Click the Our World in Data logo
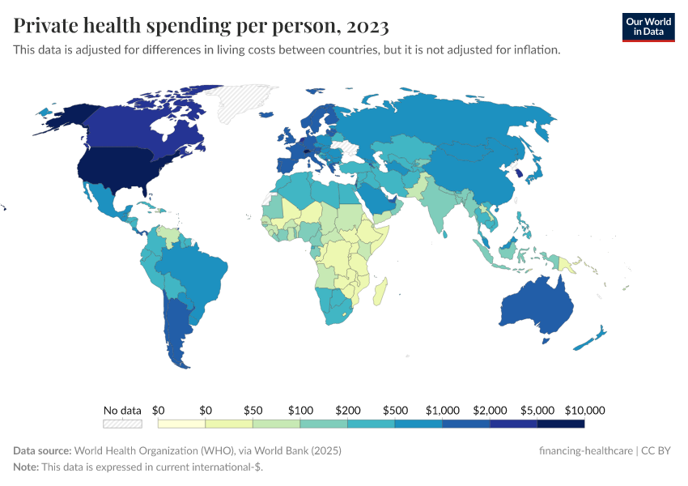(648, 26)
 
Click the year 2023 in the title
(367, 26)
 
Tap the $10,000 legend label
(583, 410)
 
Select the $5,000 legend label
(537, 410)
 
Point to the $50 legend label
(253, 410)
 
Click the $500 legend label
(394, 410)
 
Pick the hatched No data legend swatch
(122, 423)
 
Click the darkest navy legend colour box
(560, 423)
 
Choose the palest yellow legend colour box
(182, 423)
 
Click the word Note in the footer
(27, 467)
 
